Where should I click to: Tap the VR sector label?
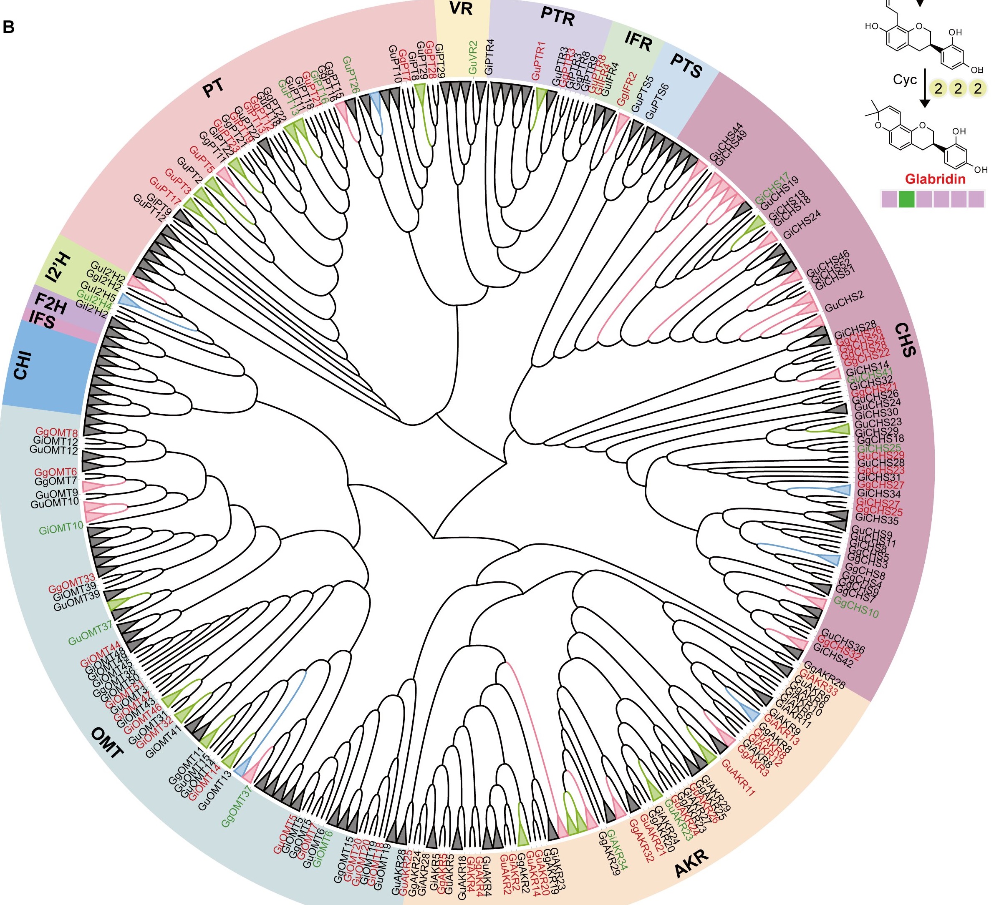coord(461,9)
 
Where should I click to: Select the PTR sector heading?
coord(557,18)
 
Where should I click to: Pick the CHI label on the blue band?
coord(22,366)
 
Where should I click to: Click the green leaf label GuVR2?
coord(472,58)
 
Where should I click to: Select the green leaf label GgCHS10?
coord(856,607)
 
